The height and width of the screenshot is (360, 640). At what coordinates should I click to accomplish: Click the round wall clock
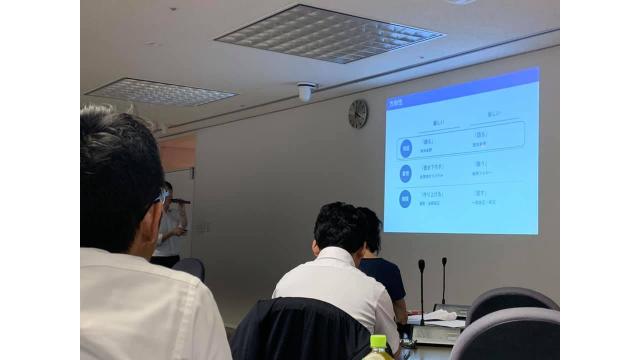[357, 114]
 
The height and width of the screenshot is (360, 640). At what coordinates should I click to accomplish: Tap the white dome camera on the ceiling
[305, 92]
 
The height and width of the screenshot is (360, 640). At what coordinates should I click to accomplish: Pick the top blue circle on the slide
[406, 147]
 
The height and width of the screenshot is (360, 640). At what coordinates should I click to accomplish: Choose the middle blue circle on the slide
[406, 173]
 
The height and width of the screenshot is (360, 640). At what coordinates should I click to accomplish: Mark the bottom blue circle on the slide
[406, 199]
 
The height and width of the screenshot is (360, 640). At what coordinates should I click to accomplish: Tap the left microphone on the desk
[421, 266]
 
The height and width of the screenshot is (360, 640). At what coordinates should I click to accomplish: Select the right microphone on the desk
[444, 263]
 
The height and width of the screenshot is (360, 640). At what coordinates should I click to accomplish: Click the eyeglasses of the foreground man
[161, 197]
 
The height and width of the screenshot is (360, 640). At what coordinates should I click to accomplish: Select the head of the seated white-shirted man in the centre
[337, 227]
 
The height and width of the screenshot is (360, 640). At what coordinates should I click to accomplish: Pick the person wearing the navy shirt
[379, 270]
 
